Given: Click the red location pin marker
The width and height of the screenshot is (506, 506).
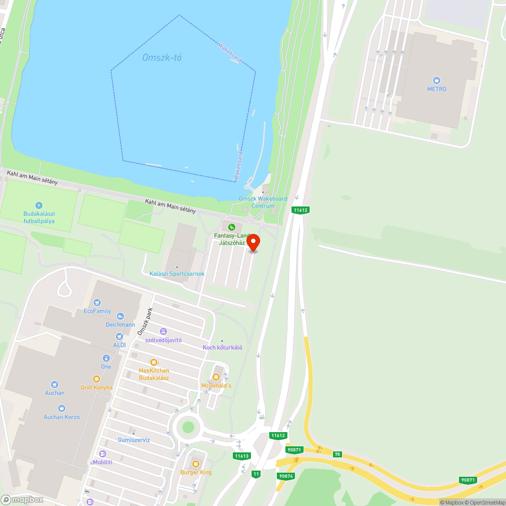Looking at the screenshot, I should (x=253, y=243).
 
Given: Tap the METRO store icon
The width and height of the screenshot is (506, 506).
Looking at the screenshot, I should (x=437, y=80).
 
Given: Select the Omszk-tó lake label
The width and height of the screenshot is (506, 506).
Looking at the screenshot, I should (x=161, y=58).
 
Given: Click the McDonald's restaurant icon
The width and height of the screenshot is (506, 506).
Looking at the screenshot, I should (x=216, y=376).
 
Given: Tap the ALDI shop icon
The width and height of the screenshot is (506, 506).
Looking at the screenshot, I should (x=119, y=336).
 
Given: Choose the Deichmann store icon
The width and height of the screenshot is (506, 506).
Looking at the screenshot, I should (x=120, y=316).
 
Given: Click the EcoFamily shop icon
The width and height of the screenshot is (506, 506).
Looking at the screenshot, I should (x=97, y=303).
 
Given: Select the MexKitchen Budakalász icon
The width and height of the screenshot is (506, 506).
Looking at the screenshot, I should (x=154, y=362).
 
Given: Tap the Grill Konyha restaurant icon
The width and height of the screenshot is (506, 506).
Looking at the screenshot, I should (x=96, y=378).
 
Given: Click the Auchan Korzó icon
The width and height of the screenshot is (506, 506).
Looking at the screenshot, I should (x=61, y=408).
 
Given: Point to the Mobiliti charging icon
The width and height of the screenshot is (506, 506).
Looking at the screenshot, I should (x=103, y=454).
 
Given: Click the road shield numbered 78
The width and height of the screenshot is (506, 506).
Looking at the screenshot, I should (x=338, y=454).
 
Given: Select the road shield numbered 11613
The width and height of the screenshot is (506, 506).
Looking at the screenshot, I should (x=242, y=456).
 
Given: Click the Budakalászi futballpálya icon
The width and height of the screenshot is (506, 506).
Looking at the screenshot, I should (x=39, y=205).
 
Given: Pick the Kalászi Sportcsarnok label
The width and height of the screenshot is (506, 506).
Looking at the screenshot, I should (x=177, y=274).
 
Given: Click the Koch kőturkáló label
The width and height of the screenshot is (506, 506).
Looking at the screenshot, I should (x=223, y=347).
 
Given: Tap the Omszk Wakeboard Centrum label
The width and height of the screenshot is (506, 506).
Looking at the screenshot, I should (x=263, y=202).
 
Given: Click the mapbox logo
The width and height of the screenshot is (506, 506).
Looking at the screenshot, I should (x=23, y=499).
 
